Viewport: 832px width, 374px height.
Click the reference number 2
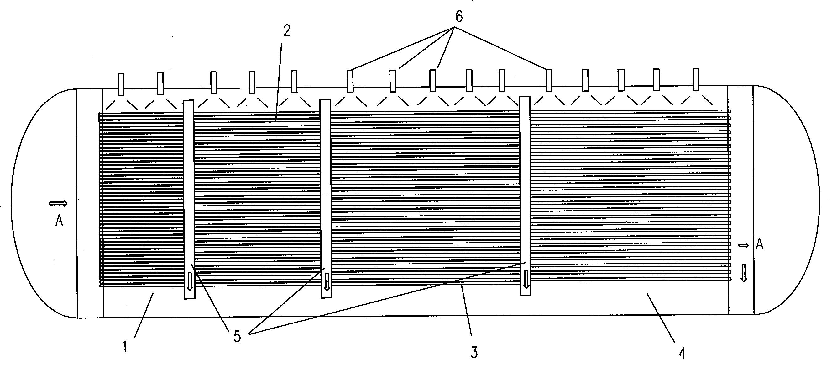coord(286,31)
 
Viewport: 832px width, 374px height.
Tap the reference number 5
coord(238,337)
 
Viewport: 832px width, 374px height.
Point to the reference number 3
coord(474,353)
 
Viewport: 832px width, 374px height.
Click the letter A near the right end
coord(760,245)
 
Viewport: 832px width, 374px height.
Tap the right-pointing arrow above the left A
coord(58,203)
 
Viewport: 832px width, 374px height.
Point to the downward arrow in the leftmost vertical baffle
coord(190,281)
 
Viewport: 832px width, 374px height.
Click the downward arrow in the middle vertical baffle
coord(327,281)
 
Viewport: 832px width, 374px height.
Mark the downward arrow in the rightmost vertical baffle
coord(526,279)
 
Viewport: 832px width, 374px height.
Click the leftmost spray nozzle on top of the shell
coord(121,84)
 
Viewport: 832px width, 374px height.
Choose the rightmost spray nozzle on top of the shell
coord(696,79)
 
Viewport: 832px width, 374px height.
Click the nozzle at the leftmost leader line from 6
coord(350,81)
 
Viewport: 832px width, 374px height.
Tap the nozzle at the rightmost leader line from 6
coord(549,81)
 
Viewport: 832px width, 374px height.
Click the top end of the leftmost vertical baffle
coord(189,100)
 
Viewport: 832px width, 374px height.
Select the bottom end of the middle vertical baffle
coord(326,297)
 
